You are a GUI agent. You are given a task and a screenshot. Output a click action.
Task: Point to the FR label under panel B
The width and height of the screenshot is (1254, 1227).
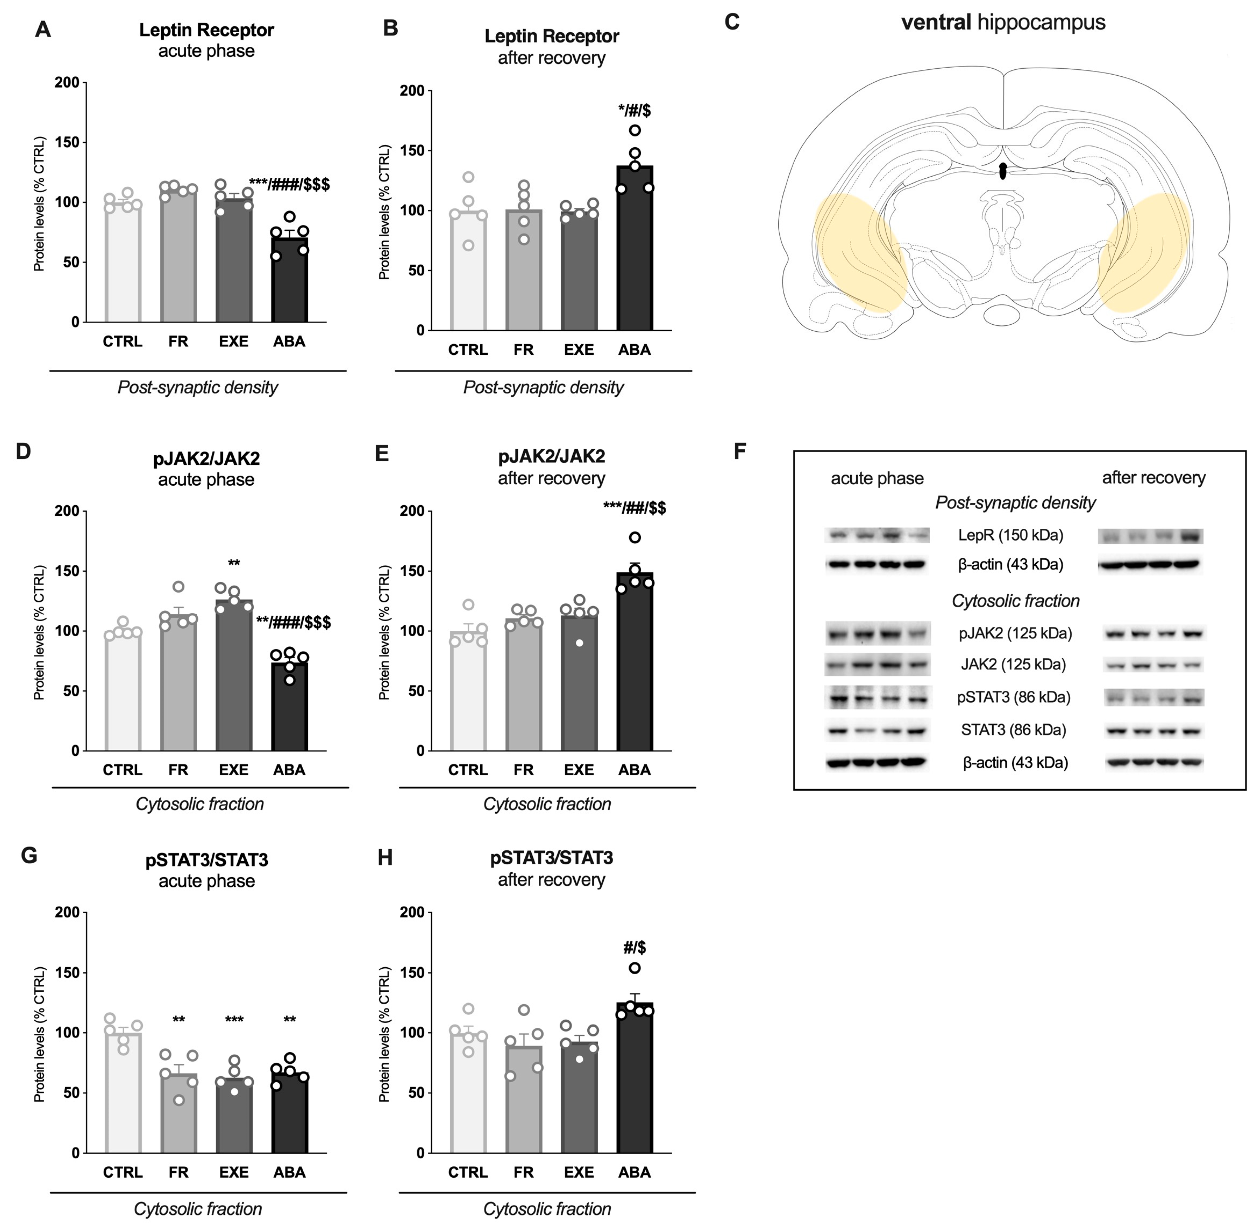click(524, 350)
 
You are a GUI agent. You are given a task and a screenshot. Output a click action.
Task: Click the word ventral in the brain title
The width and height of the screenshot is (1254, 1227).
click(936, 23)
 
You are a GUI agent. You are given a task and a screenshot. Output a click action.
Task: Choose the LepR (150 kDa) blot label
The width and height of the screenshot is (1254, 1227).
click(1010, 535)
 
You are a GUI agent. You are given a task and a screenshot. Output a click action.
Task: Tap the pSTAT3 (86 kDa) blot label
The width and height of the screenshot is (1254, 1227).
click(1014, 697)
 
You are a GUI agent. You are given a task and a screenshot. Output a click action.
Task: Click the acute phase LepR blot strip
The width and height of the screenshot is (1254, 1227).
click(877, 535)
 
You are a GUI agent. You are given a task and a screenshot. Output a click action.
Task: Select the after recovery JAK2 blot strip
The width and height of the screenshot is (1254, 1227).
click(1154, 665)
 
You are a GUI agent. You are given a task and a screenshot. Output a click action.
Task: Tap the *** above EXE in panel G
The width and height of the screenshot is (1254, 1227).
click(234, 1020)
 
